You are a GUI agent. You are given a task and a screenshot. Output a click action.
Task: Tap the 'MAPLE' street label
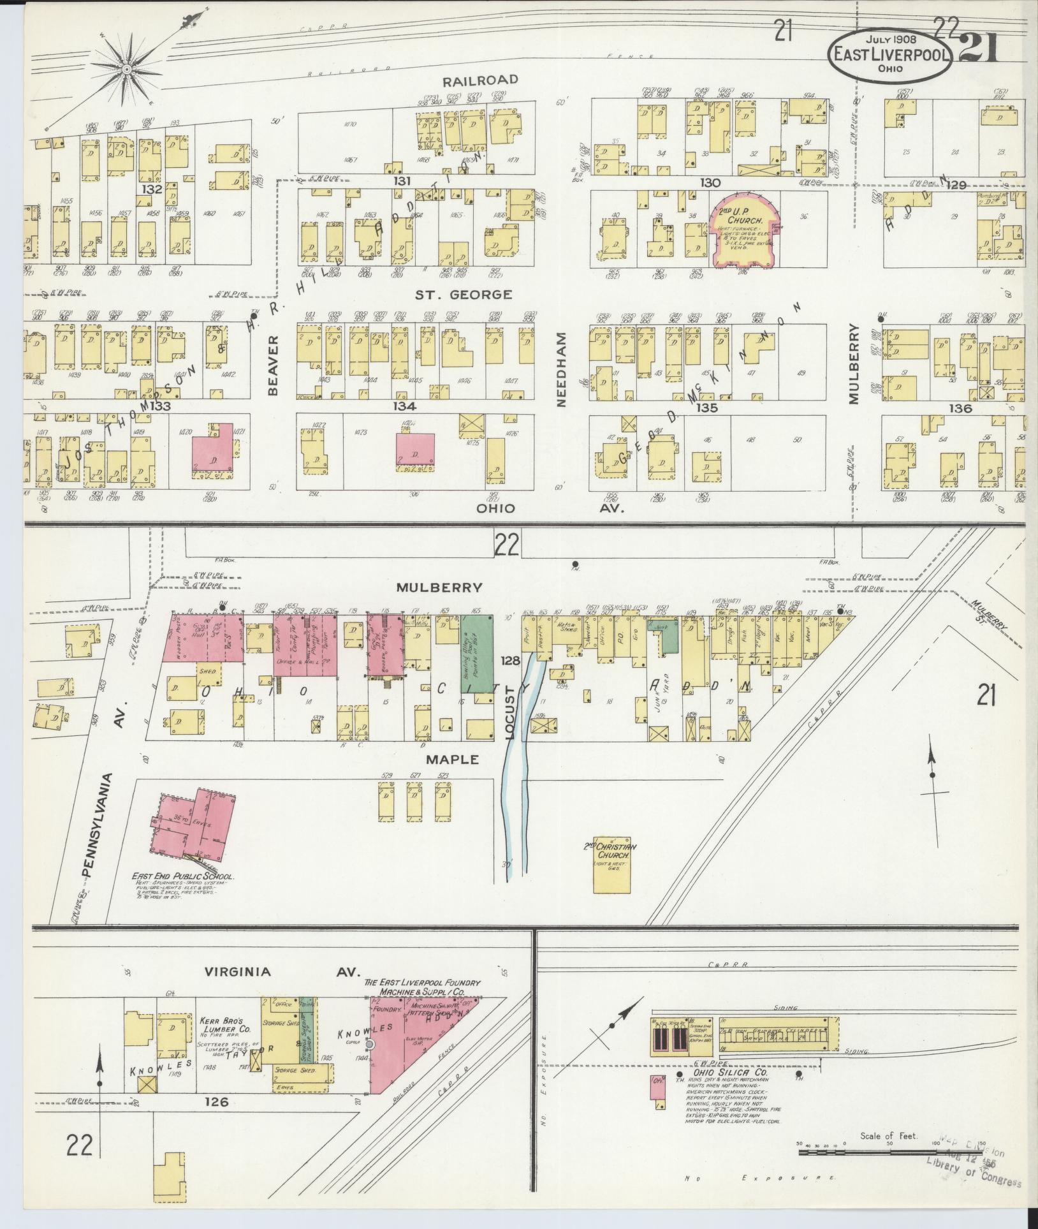(453, 760)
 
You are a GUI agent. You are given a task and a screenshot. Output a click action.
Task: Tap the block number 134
(404, 406)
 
